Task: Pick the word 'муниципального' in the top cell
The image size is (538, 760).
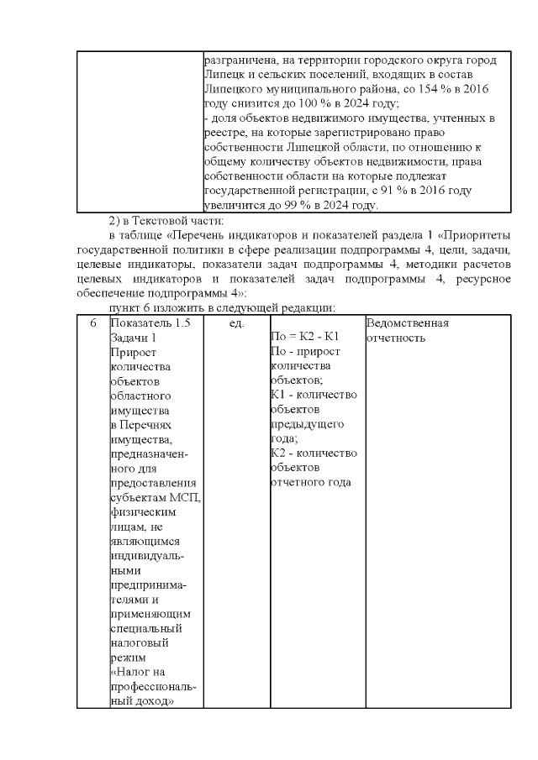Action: (306, 88)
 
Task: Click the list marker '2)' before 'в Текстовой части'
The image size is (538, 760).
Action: (116, 220)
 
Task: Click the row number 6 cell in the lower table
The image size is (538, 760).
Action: (92, 322)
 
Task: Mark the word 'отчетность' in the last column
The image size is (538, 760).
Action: (396, 338)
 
